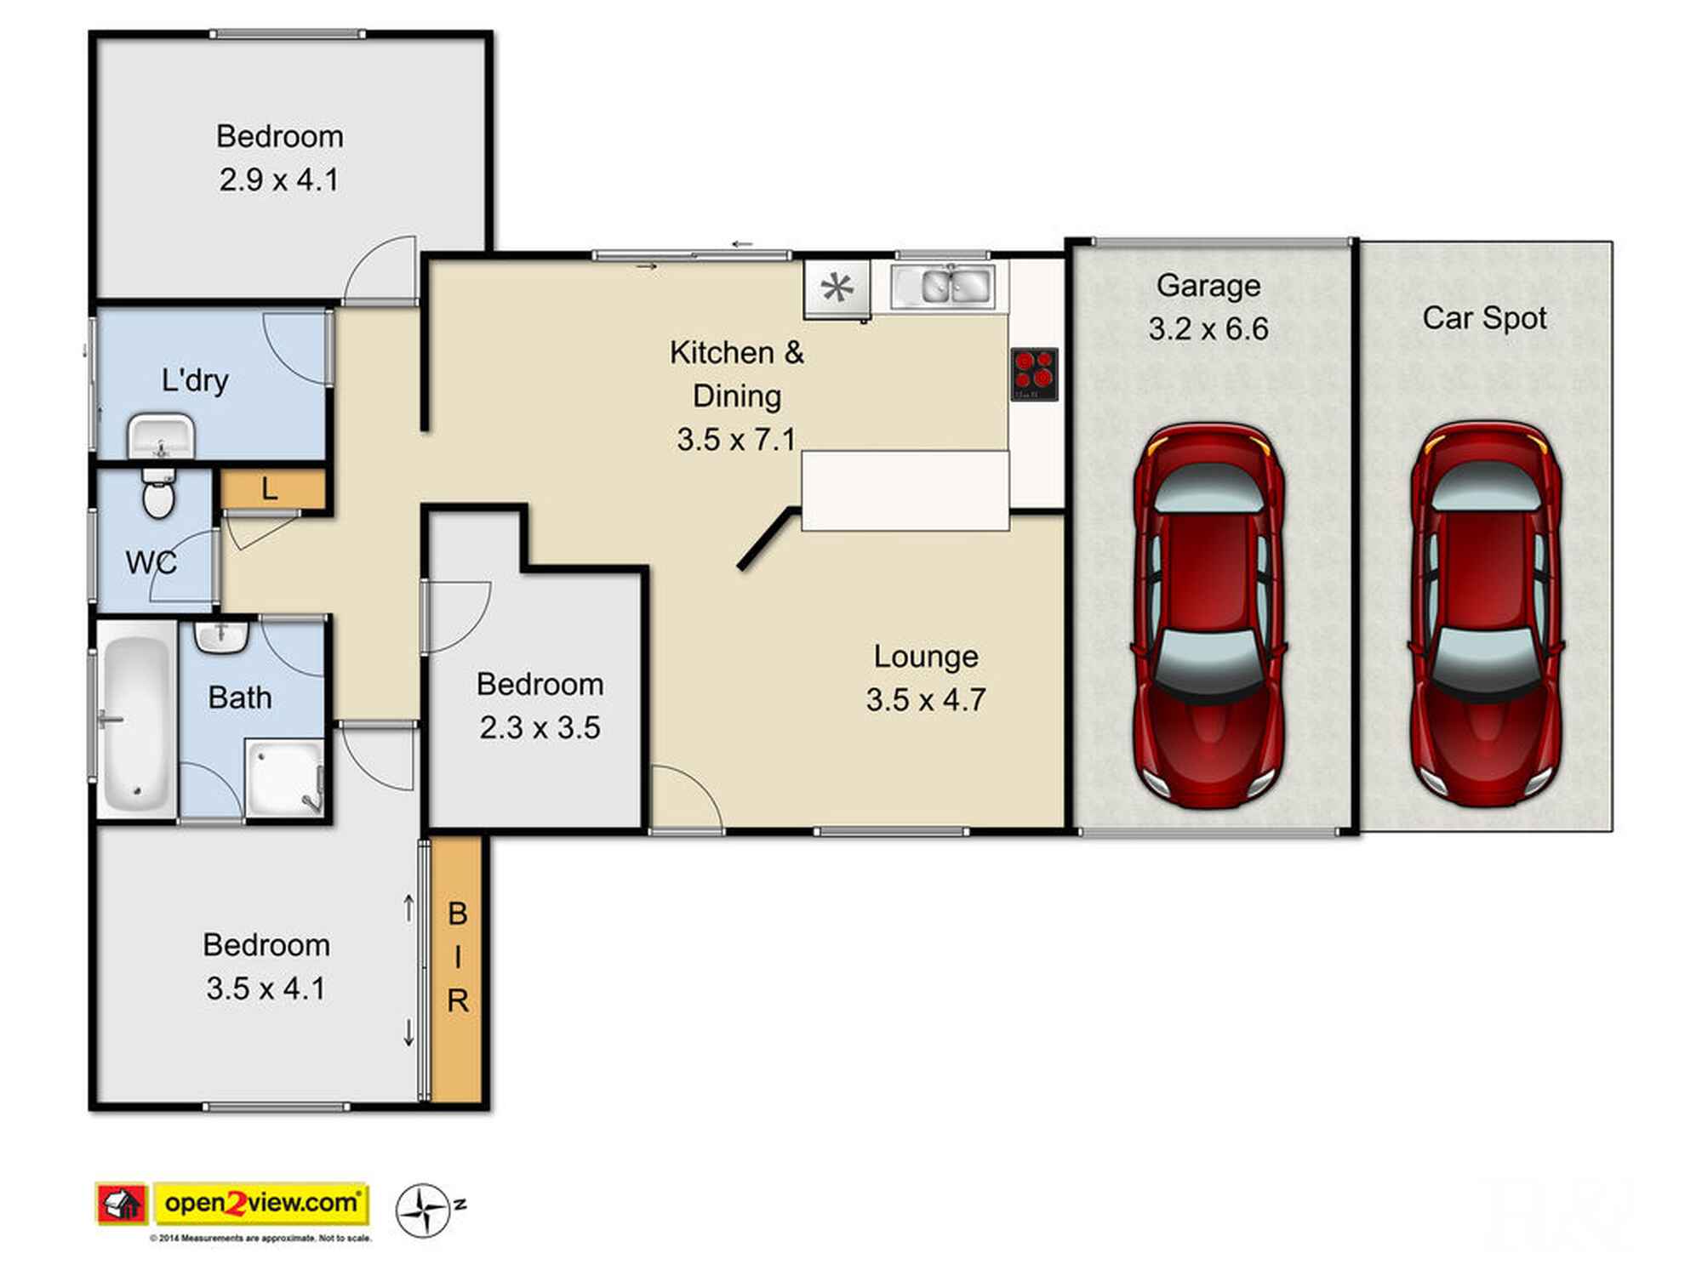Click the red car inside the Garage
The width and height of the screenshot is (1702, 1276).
(1208, 615)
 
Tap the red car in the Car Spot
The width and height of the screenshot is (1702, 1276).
(1486, 613)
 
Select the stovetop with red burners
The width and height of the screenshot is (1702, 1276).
(1034, 373)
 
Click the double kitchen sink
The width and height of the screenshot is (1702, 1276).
(942, 286)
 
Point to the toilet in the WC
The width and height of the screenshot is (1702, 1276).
(159, 493)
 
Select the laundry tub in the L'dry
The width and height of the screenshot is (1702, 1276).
(161, 437)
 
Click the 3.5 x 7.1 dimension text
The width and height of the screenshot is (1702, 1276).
(736, 440)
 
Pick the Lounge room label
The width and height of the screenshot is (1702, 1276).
(926, 656)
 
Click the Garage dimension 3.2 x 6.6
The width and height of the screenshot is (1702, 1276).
(1208, 328)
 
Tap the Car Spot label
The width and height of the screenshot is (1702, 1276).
(1484, 318)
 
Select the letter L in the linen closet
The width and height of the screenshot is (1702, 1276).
(270, 489)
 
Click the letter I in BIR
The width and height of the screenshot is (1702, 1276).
(458, 957)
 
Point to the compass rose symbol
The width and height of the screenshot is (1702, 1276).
(423, 1210)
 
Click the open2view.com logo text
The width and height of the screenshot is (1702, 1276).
(261, 1203)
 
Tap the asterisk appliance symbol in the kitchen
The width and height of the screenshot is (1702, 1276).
(837, 288)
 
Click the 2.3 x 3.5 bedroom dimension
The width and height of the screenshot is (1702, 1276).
(540, 728)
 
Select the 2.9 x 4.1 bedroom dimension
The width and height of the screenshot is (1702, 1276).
(279, 180)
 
